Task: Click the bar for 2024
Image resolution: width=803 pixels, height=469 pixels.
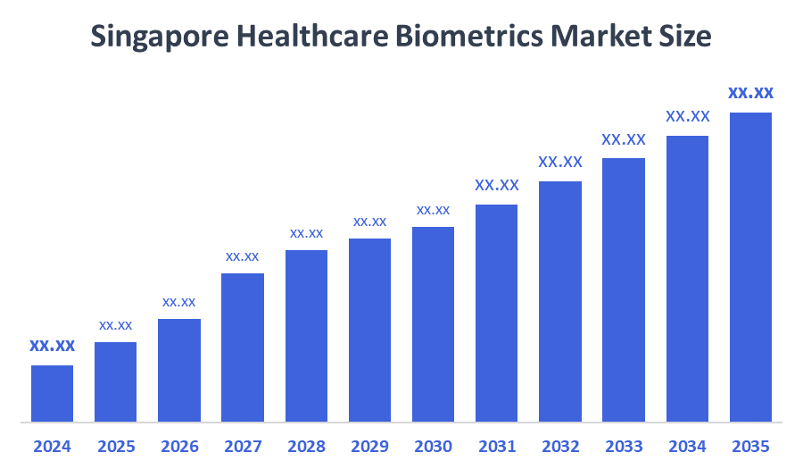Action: pyautogui.click(x=52, y=393)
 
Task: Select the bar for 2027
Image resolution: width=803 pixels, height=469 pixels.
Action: pyautogui.click(x=243, y=347)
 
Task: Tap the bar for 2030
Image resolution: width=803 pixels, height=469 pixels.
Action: pyautogui.click(x=433, y=323)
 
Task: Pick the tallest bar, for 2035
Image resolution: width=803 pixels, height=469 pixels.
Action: pyautogui.click(x=750, y=266)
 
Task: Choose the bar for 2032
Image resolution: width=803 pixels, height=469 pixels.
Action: pyautogui.click(x=560, y=301)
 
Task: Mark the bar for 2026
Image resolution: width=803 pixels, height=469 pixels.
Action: pyautogui.click(x=179, y=370)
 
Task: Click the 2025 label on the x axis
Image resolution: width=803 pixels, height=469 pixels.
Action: pyautogui.click(x=116, y=446)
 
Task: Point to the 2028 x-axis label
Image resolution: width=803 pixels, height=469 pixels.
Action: pyautogui.click(x=306, y=446)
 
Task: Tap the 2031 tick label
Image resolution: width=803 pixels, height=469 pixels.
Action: pyautogui.click(x=497, y=446)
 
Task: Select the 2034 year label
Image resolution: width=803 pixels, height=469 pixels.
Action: pyautogui.click(x=687, y=446)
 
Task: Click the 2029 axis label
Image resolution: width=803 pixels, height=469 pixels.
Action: pyautogui.click(x=369, y=446)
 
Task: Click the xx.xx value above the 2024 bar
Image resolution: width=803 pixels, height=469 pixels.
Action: pyautogui.click(x=52, y=346)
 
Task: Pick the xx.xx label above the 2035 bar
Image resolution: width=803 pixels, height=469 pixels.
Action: pyautogui.click(x=750, y=93)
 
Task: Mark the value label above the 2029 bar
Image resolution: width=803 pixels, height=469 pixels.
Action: pyautogui.click(x=369, y=222)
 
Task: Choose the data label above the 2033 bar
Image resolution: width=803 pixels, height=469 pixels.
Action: pyautogui.click(x=624, y=139)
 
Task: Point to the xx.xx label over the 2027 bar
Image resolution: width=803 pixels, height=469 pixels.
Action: pyautogui.click(x=243, y=256)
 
